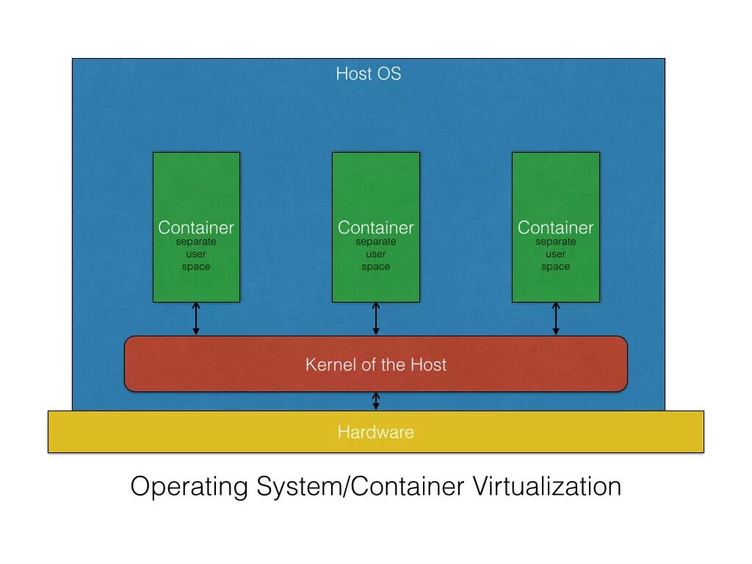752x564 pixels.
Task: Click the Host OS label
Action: click(368, 73)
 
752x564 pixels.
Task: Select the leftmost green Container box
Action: click(196, 191)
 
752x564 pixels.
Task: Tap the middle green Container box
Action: click(376, 191)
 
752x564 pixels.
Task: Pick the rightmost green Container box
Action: click(556, 191)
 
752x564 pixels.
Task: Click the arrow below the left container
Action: click(196, 319)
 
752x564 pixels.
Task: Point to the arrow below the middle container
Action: click(376, 319)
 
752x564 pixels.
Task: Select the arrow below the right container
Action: click(556, 319)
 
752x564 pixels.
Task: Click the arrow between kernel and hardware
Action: click(376, 401)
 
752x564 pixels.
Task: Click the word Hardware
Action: click(375, 432)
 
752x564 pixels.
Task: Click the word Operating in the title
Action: click(190, 486)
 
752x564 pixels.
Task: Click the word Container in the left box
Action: click(196, 228)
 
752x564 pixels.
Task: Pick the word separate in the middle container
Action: click(376, 242)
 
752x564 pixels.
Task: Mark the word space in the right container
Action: click(556, 267)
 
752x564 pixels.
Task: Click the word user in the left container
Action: click(196, 254)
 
